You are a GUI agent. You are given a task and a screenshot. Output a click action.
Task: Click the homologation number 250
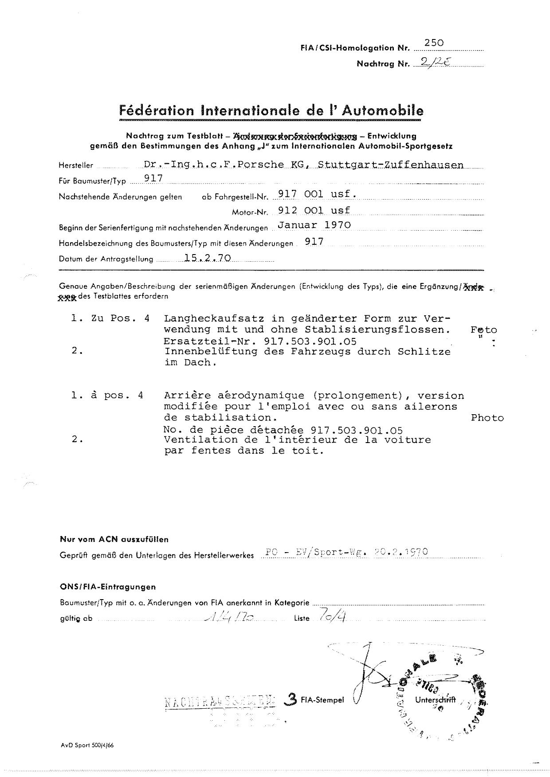(434, 43)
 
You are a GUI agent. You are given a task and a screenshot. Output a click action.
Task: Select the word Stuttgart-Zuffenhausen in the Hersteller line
(391, 165)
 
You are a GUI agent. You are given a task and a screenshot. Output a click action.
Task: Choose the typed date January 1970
(314, 225)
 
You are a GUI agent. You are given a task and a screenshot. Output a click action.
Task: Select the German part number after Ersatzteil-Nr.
(310, 341)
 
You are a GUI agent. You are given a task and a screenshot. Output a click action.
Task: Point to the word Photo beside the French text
(487, 418)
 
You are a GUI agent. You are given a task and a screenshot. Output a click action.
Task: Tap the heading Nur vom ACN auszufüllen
(114, 540)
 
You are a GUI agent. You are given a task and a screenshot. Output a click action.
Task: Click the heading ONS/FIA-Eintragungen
(108, 587)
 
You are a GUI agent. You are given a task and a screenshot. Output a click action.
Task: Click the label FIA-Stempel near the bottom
(322, 700)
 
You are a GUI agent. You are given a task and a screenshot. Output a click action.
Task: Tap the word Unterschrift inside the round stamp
(435, 700)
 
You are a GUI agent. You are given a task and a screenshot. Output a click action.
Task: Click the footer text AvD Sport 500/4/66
(87, 745)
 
